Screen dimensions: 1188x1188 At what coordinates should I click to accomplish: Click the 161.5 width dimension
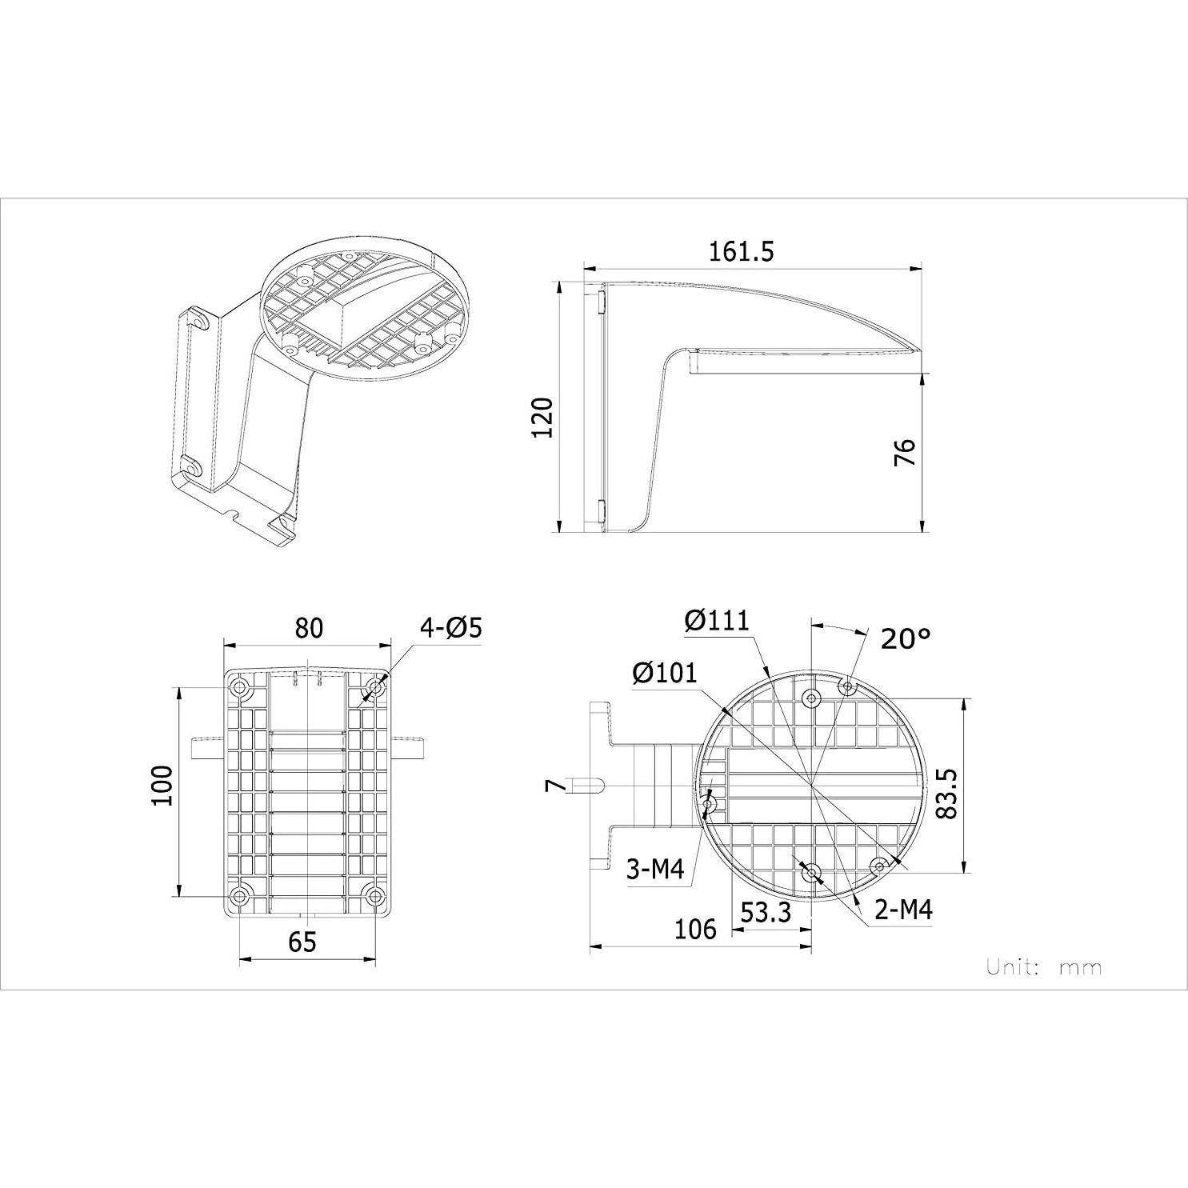(742, 251)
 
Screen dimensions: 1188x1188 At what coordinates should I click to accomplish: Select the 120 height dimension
(544, 417)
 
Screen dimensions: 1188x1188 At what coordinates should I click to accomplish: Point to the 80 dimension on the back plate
(309, 628)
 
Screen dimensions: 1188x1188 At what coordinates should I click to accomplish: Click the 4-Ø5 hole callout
(451, 628)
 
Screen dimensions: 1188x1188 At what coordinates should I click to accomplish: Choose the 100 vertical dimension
(162, 786)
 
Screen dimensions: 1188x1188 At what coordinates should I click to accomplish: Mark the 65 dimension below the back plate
(302, 942)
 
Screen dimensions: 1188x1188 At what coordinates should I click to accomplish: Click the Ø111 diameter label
(717, 620)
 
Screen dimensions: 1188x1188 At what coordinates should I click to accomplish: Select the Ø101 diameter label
(664, 674)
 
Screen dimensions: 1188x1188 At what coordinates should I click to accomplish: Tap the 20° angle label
(906, 638)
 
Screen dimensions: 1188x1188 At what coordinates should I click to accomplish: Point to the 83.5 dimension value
(946, 794)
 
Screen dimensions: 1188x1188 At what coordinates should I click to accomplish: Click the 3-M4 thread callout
(655, 869)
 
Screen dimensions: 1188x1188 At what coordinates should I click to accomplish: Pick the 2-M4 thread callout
(903, 910)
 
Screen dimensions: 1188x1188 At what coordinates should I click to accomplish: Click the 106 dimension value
(695, 929)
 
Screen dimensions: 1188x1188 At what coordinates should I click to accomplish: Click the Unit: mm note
(1043, 967)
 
